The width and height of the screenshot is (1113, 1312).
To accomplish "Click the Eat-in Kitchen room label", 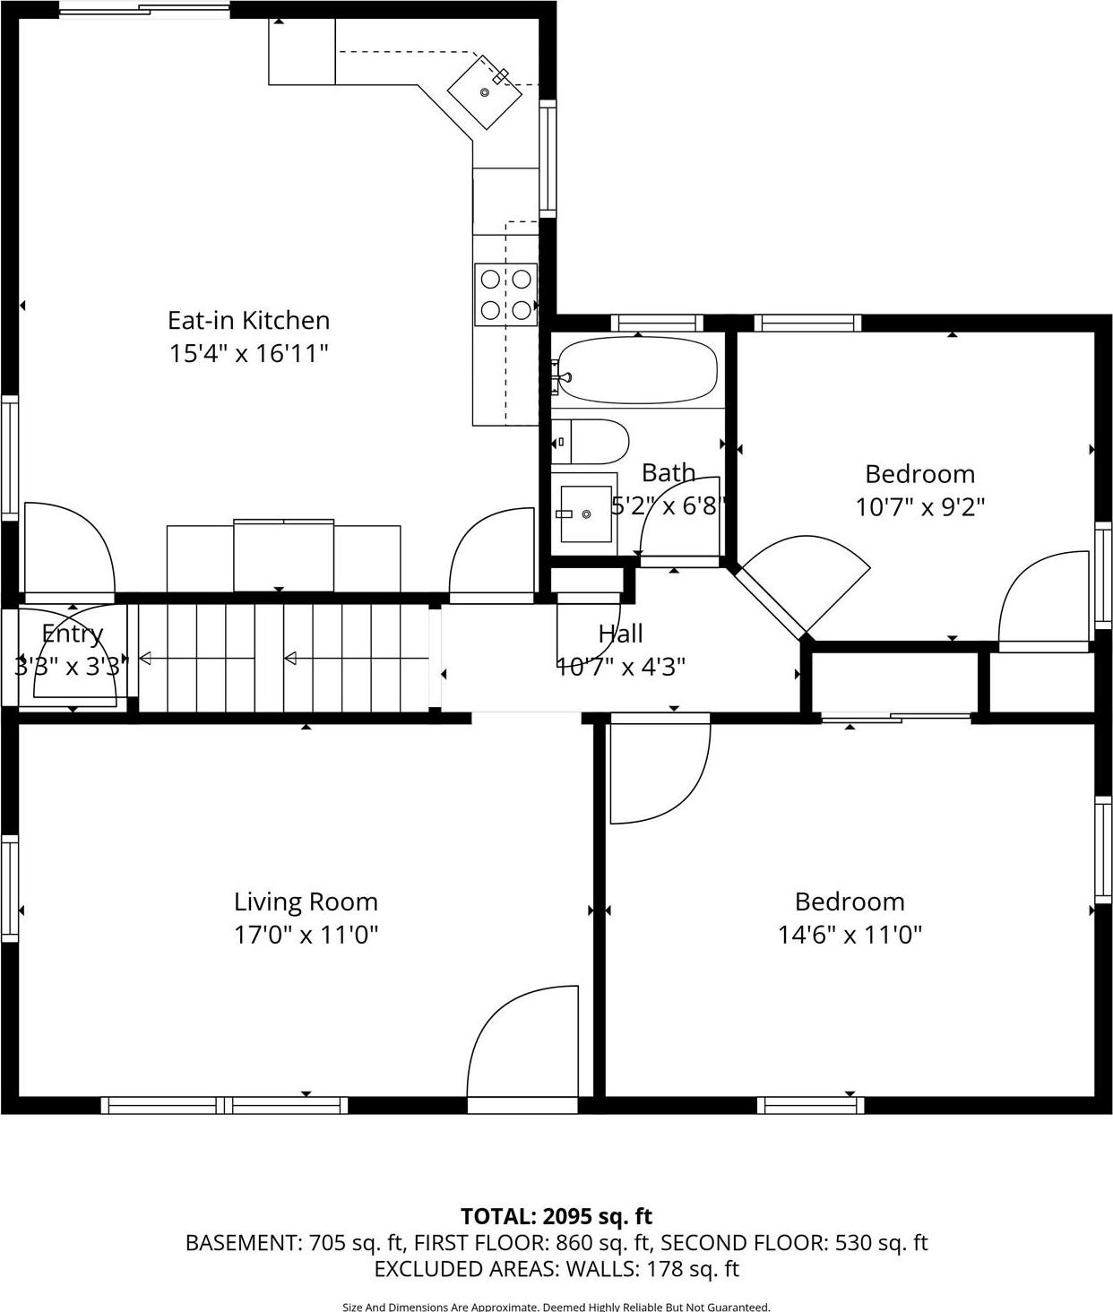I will click(248, 320).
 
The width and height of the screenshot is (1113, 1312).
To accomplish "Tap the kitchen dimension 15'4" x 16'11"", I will click(248, 353).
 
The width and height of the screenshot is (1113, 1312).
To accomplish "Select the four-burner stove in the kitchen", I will click(505, 295).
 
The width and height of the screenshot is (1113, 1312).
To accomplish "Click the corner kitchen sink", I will click(484, 92).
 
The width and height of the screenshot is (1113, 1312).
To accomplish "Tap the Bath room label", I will click(668, 472).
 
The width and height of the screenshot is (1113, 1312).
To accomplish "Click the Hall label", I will click(620, 634).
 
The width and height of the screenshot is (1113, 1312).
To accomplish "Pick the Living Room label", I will click(306, 902).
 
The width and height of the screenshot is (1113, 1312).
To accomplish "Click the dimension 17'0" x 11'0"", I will click(306, 935).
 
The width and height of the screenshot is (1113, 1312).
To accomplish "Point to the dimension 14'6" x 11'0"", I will click(850, 935).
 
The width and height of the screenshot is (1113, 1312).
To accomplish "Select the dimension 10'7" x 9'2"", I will click(919, 507).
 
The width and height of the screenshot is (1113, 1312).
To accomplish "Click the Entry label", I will click(73, 634).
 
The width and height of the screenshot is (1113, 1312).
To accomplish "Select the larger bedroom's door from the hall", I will click(659, 771).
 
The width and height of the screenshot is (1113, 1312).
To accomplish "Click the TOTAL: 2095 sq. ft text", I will click(556, 1216).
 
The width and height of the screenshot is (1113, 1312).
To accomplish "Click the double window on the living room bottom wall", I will click(224, 1106).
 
